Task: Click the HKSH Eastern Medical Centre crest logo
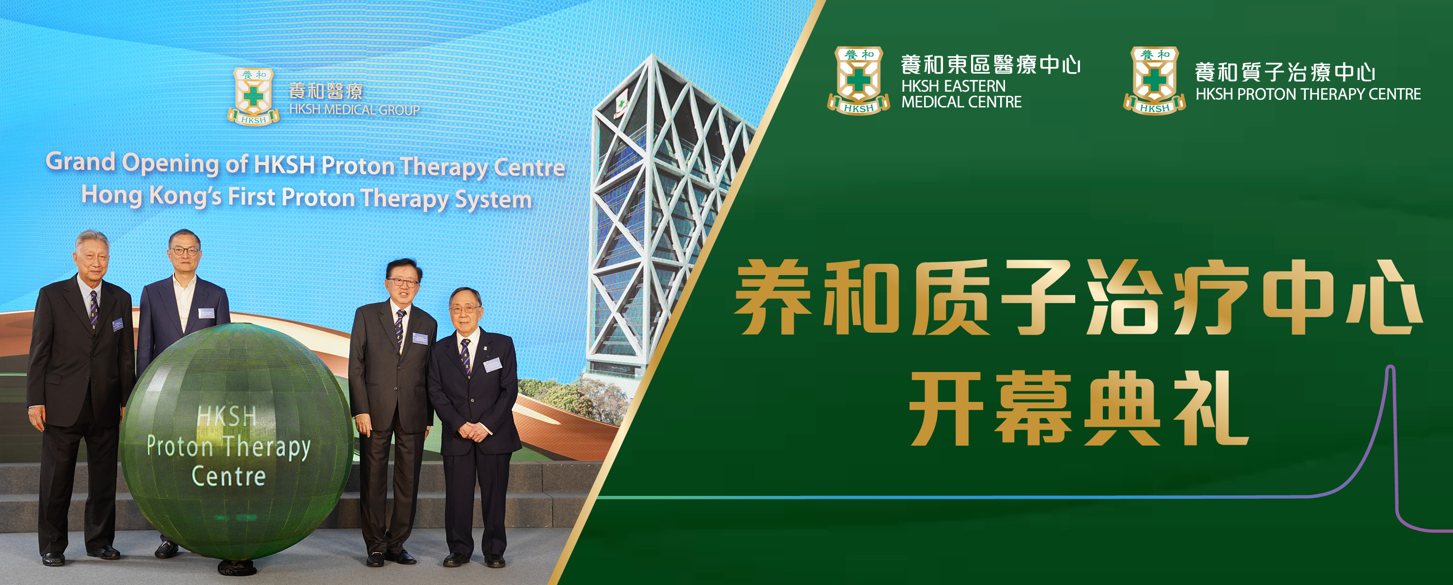pyautogui.click(x=859, y=81)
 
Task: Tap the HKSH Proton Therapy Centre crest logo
pyautogui.click(x=1154, y=81)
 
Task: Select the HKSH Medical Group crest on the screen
pyautogui.click(x=253, y=96)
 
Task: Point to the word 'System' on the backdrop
pyautogui.click(x=493, y=200)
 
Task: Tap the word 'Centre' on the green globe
pyautogui.click(x=229, y=477)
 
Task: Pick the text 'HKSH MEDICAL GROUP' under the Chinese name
pyautogui.click(x=354, y=110)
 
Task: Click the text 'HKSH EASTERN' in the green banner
pyautogui.click(x=953, y=86)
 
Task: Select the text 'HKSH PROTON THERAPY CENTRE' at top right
pyautogui.click(x=1308, y=94)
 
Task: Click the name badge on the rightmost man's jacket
pyautogui.click(x=492, y=365)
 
